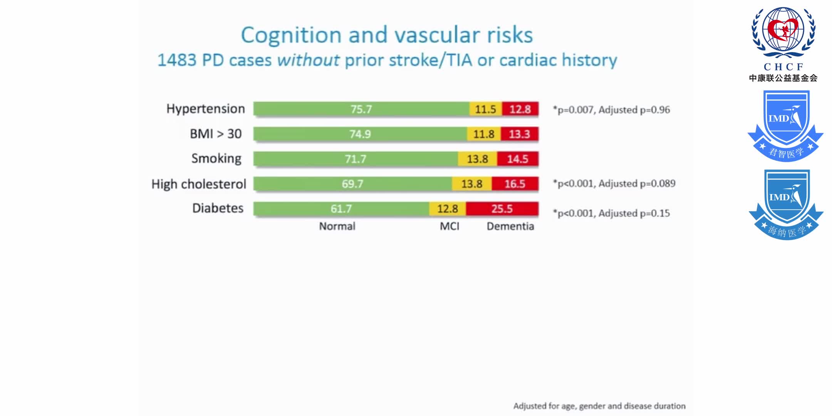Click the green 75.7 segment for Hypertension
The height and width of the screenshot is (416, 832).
point(361,109)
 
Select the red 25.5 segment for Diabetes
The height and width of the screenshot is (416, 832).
point(502,209)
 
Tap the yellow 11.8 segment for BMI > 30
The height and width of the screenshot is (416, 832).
point(484,134)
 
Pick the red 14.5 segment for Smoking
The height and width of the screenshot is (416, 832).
point(517,159)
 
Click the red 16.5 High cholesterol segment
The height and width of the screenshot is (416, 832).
point(515,184)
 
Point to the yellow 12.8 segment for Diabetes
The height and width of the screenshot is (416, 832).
point(447,209)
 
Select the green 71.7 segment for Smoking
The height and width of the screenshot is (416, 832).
point(355,159)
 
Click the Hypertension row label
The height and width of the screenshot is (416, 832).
point(205,109)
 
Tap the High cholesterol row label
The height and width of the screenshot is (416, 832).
point(198,184)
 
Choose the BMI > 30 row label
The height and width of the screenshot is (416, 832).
point(216,134)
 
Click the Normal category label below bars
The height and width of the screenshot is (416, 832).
point(337,226)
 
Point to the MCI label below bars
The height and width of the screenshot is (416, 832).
point(450,226)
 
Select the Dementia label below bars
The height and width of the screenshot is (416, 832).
point(510,226)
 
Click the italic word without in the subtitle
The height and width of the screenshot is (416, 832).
point(308,60)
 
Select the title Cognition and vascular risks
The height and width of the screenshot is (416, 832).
point(387,35)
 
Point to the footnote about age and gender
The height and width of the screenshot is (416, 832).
point(599,406)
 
